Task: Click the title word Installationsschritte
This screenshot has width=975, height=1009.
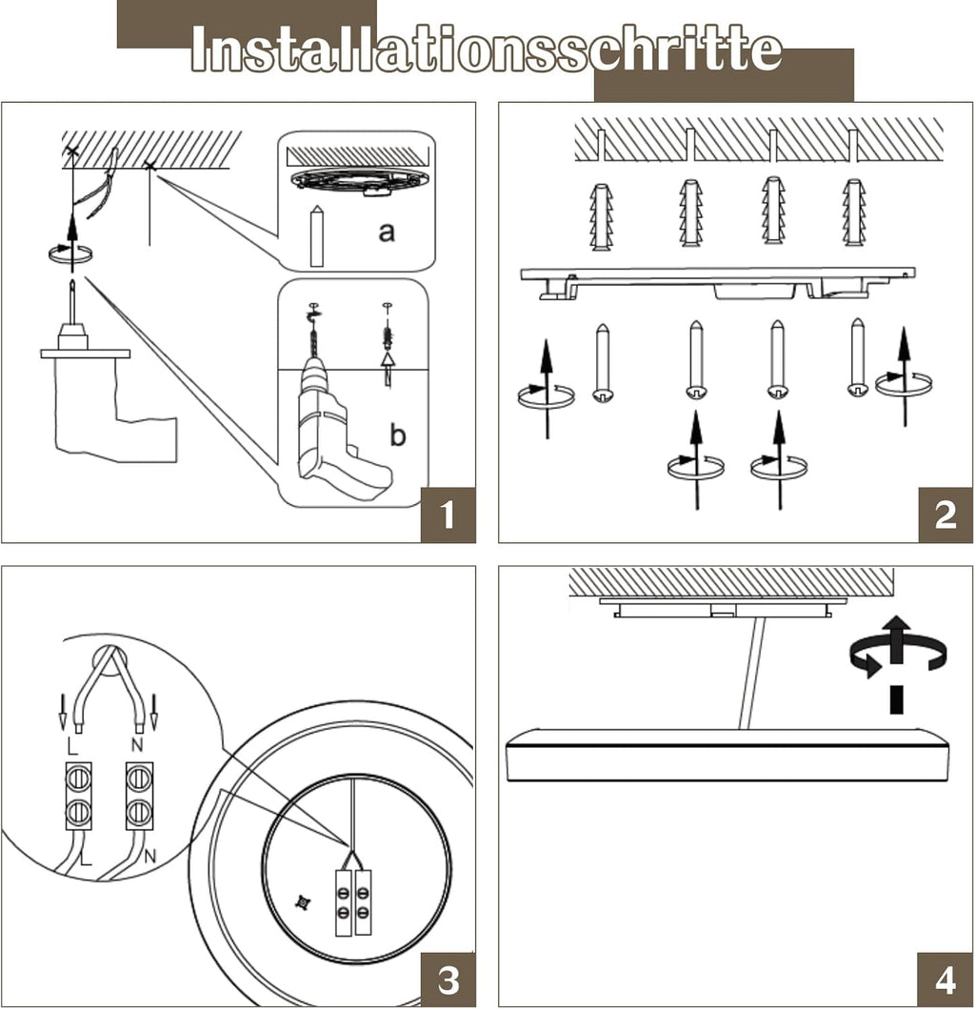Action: [486, 50]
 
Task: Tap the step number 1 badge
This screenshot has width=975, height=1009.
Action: [448, 515]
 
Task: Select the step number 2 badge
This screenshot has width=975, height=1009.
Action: [945, 515]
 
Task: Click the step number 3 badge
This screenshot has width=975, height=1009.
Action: [448, 979]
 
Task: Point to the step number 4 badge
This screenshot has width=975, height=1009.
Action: [945, 979]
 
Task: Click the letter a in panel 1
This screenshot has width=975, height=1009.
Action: [386, 231]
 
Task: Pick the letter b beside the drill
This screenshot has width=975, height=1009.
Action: [398, 435]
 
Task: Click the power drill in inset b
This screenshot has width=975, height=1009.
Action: [333, 434]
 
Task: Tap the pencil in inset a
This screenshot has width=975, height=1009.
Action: [317, 235]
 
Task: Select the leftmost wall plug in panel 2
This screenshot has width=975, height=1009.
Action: [601, 216]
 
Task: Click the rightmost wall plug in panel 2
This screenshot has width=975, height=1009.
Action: [854, 212]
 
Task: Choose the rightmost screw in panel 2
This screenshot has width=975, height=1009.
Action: [858, 357]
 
